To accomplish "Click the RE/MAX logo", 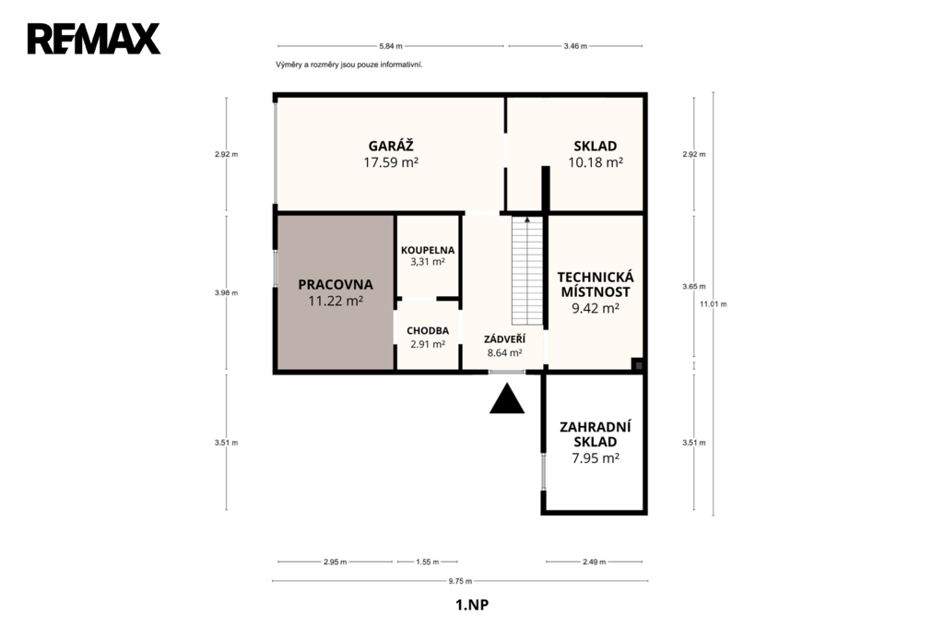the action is tap(94, 39).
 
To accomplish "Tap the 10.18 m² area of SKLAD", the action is tap(596, 162).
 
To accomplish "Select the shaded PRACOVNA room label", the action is tap(336, 284).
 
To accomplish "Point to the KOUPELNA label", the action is tap(428, 250).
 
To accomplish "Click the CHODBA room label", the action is tap(428, 331).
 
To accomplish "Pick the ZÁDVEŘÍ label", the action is tap(504, 339).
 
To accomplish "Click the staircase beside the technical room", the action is tap(527, 270).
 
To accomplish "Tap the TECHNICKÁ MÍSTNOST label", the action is tap(596, 284).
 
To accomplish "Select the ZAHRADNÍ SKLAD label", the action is tap(596, 434).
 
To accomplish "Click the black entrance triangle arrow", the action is tap(507, 398).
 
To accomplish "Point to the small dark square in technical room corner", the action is tap(638, 364).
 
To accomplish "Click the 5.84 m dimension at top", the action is tap(391, 46).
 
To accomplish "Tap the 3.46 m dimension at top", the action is tap(575, 46).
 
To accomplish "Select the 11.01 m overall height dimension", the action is tap(714, 303).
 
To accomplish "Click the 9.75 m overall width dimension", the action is tap(460, 581).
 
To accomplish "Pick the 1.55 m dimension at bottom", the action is tap(428, 562).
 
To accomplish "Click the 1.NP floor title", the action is tap(472, 605).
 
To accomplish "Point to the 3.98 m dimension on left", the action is tap(227, 292).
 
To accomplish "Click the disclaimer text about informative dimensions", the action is tap(349, 65).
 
